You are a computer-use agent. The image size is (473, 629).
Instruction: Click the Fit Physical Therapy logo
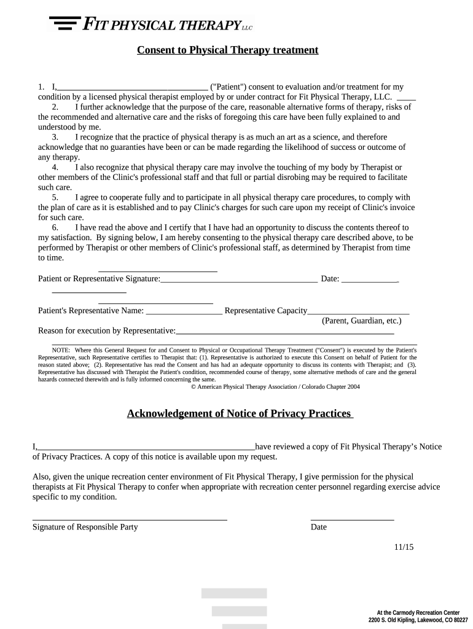[x=150, y=25]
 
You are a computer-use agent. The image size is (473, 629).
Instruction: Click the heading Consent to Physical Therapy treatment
[x=227, y=50]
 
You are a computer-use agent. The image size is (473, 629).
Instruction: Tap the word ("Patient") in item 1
[x=229, y=87]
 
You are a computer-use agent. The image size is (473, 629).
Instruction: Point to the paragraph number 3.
[x=55, y=137]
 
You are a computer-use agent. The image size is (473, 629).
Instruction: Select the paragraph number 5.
[x=55, y=197]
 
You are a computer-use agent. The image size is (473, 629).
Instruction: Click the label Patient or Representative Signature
[x=98, y=279]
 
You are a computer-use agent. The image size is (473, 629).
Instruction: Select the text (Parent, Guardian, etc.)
[x=362, y=321]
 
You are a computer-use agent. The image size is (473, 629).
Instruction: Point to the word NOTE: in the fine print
[x=61, y=350]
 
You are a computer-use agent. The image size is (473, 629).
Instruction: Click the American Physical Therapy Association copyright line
[x=275, y=387]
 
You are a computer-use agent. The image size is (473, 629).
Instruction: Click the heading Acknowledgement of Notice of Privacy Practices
[x=240, y=413]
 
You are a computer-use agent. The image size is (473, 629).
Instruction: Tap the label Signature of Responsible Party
[x=85, y=527]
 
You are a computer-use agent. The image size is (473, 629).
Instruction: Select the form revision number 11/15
[x=404, y=547]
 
